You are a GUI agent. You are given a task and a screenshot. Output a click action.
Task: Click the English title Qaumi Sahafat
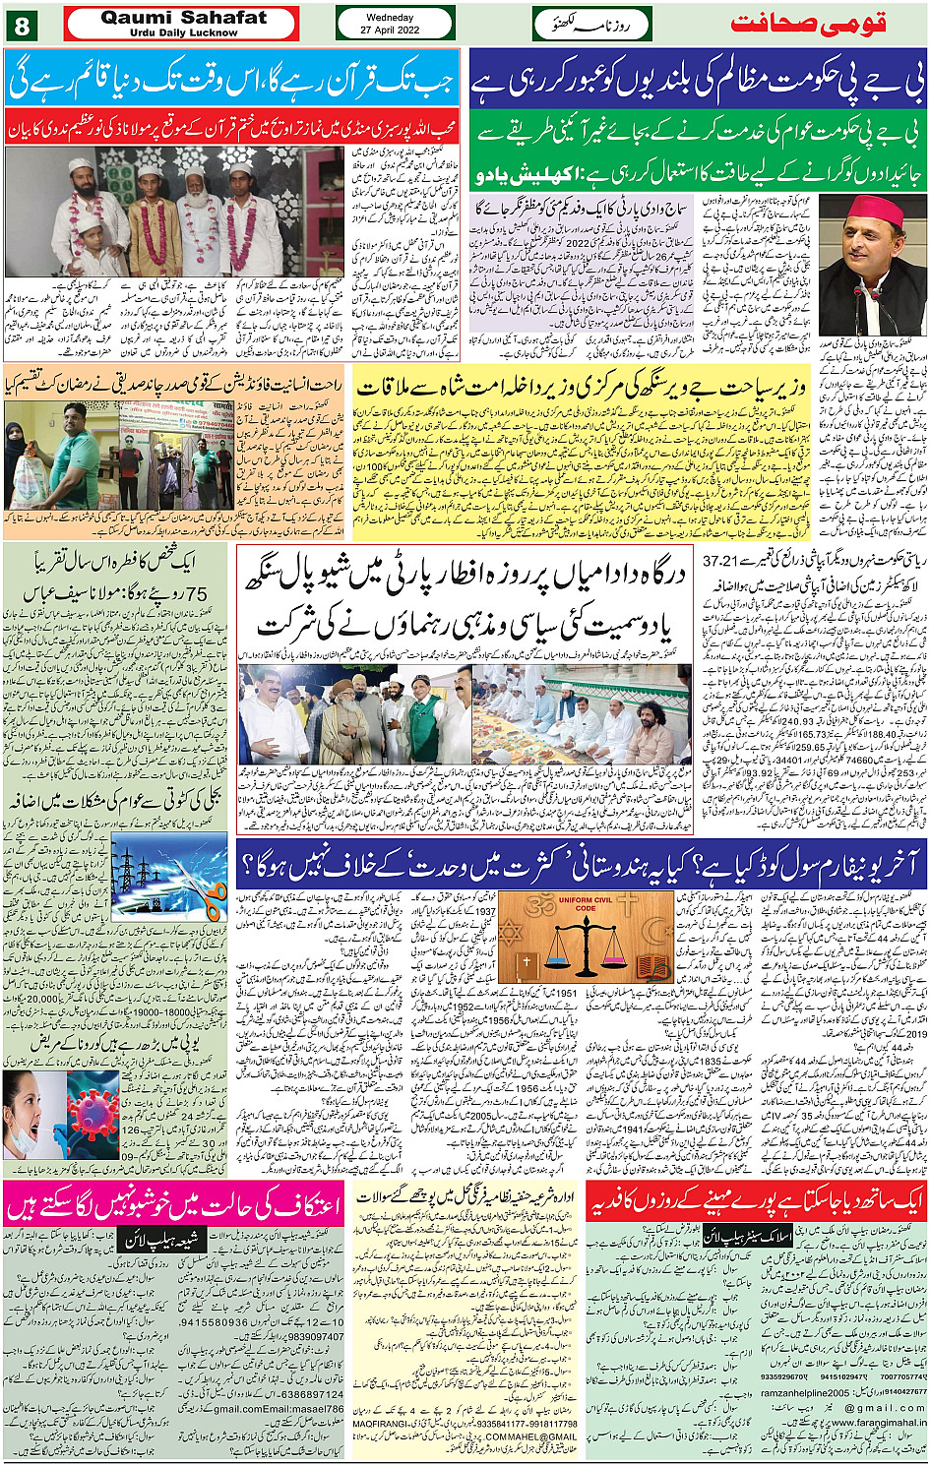(183, 18)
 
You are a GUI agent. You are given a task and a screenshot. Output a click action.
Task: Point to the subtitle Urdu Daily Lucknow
(183, 32)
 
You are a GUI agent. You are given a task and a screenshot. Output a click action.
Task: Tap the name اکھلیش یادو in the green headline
(525, 176)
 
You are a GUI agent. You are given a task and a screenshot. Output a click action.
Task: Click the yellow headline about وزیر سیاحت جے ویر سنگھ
(581, 387)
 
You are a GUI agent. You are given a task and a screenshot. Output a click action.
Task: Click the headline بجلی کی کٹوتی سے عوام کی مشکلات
(115, 803)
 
